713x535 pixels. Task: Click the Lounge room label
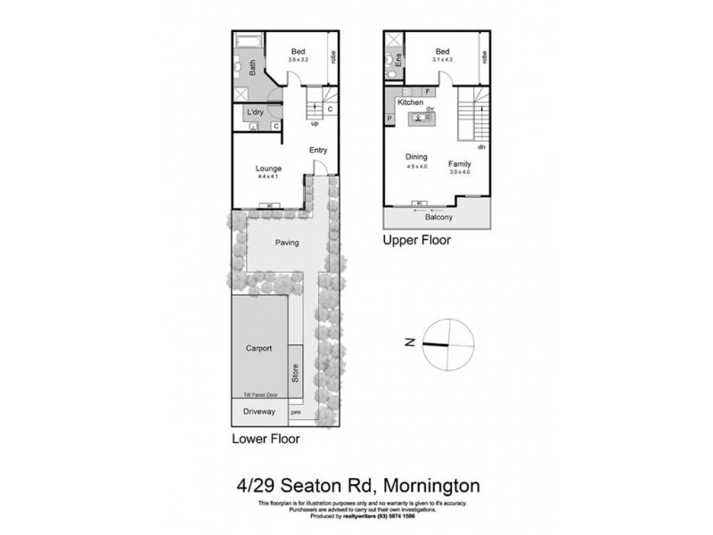(x=268, y=169)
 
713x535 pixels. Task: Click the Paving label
(x=286, y=243)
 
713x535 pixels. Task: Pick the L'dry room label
(x=254, y=111)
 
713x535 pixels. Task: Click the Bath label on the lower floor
(x=252, y=66)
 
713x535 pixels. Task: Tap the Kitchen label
(x=410, y=103)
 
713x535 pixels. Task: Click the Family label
(x=460, y=164)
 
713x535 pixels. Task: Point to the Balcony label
(x=438, y=217)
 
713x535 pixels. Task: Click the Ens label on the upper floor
(x=398, y=60)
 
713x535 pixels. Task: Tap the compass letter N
(x=406, y=342)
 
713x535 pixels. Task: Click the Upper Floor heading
(x=417, y=241)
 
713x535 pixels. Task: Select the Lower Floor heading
(x=265, y=439)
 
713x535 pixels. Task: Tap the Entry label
(x=318, y=150)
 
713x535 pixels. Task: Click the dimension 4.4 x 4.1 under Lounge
(x=268, y=177)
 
